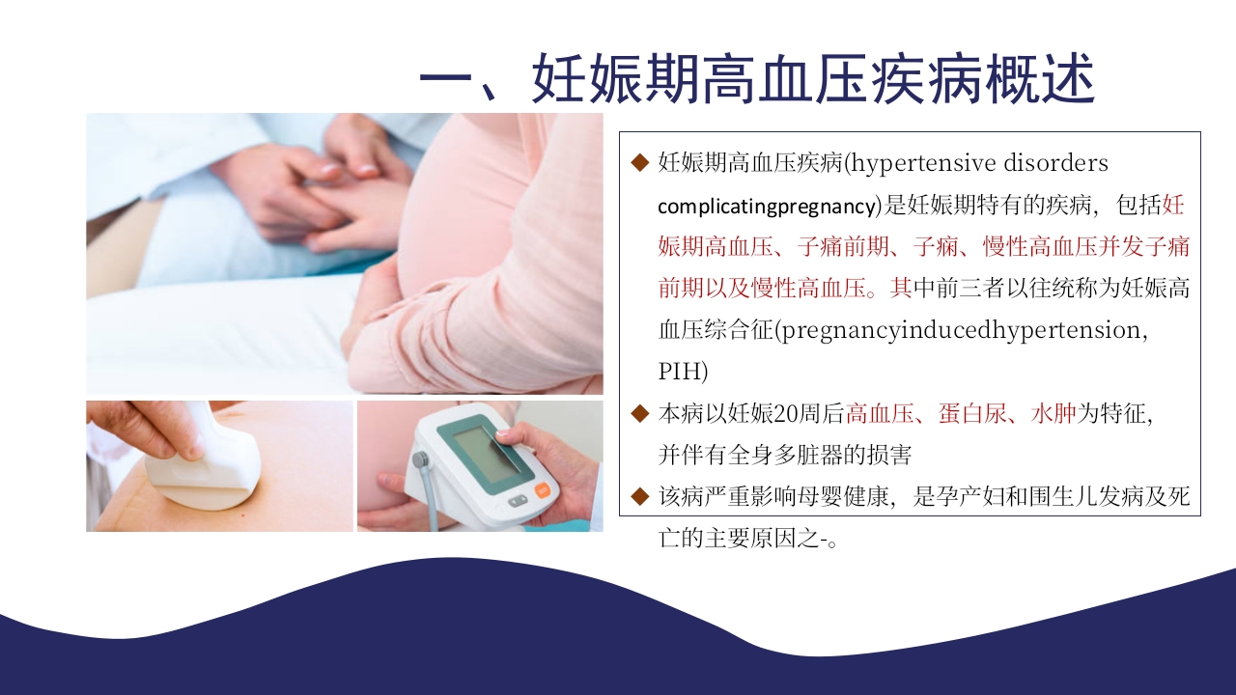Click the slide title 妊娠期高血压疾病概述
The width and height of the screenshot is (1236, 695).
(x=757, y=78)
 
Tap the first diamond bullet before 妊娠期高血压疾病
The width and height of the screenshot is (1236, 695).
(x=638, y=162)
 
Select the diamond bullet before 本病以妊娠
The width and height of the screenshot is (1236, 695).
(x=638, y=414)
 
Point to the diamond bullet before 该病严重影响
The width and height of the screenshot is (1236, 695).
(x=638, y=497)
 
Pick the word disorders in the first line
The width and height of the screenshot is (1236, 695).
(x=1053, y=162)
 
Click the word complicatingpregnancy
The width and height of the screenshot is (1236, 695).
(x=767, y=206)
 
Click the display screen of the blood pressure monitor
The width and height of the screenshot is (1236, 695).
(x=487, y=453)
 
